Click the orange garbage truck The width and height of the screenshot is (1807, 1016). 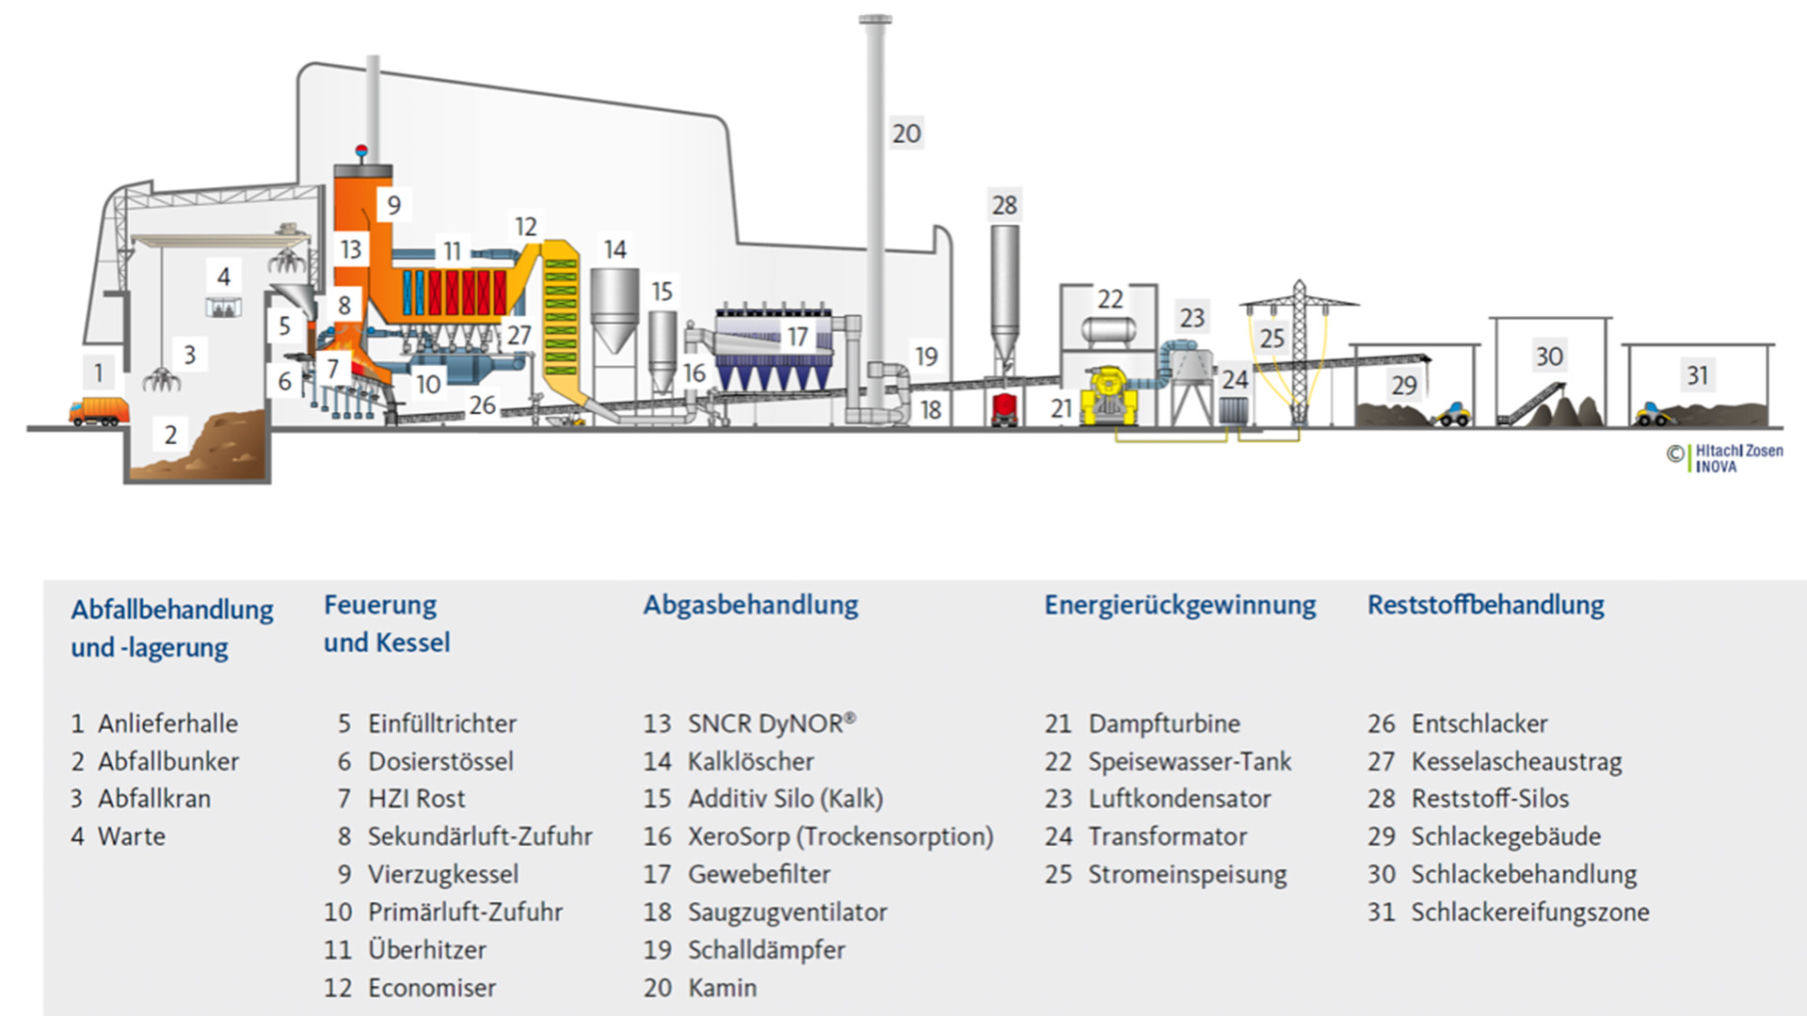tap(98, 411)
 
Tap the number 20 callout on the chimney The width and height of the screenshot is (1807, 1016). tap(906, 134)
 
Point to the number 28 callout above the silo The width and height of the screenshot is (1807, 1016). tap(1004, 205)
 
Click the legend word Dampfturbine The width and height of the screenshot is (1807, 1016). tap(1164, 723)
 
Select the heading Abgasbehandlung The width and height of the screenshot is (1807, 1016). tap(750, 605)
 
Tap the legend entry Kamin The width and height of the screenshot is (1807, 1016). tap(722, 988)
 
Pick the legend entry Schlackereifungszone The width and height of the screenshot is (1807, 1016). tap(1529, 912)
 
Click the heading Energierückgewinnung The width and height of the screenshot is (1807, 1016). tap(1179, 605)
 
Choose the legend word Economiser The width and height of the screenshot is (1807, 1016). tap(432, 988)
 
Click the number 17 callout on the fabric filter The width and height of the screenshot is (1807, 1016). tap(797, 336)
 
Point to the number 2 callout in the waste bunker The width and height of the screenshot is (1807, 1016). tap(170, 435)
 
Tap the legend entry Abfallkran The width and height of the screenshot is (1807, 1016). tap(154, 799)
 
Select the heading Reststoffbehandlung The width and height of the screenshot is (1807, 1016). tap(1485, 605)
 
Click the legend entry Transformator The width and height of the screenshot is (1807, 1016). tap(1167, 836)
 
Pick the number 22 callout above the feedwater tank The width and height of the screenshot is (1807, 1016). tap(1111, 299)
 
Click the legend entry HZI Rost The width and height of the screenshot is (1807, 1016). tap(416, 799)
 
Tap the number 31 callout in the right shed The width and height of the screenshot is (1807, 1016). tap(1697, 375)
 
